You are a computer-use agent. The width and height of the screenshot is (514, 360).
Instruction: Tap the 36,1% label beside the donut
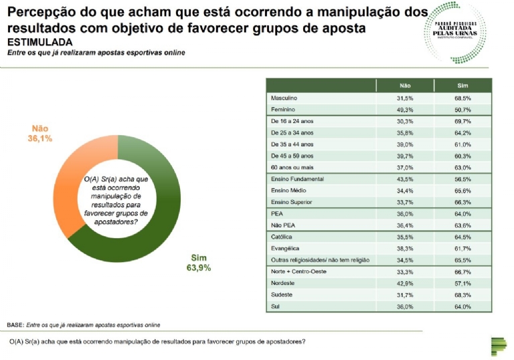click(39, 139)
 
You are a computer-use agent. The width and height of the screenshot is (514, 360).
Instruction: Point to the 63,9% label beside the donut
click(199, 267)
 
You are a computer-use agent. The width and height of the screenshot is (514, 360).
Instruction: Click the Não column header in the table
click(404, 86)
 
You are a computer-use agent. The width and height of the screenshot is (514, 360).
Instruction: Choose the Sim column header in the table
click(462, 86)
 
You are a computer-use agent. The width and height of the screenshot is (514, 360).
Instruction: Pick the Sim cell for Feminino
click(462, 110)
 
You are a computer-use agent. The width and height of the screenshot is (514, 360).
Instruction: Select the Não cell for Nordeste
click(404, 283)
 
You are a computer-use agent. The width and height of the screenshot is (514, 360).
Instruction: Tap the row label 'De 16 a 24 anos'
click(292, 121)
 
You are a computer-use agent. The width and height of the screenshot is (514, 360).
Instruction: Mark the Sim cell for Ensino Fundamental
click(462, 179)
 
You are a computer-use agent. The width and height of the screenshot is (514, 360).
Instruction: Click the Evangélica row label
click(284, 248)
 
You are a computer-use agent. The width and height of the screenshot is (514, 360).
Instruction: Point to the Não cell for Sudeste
click(404, 294)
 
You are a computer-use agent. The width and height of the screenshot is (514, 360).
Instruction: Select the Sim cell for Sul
click(462, 306)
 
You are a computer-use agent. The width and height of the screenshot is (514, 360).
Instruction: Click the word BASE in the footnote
click(15, 325)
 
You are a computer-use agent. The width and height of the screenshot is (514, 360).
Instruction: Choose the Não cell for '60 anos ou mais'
click(404, 167)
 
